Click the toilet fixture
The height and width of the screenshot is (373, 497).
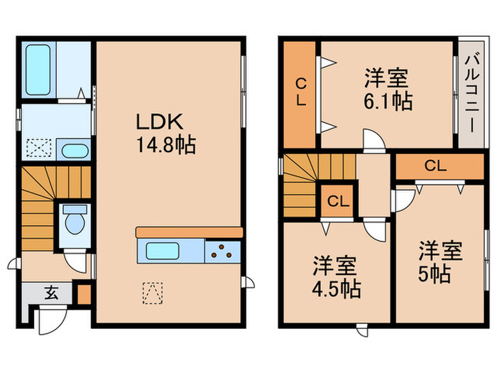click(x=73, y=221)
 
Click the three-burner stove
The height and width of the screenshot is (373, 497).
click(x=224, y=251)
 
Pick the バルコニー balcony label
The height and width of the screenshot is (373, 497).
click(x=470, y=92)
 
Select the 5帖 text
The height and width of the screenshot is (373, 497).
click(x=434, y=274)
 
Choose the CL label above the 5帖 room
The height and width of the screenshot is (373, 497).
click(x=435, y=166)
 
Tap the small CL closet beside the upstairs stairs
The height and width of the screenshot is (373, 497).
click(x=337, y=201)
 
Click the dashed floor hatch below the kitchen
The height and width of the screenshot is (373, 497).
click(x=153, y=291)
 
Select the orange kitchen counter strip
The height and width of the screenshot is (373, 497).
click(x=189, y=232)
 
